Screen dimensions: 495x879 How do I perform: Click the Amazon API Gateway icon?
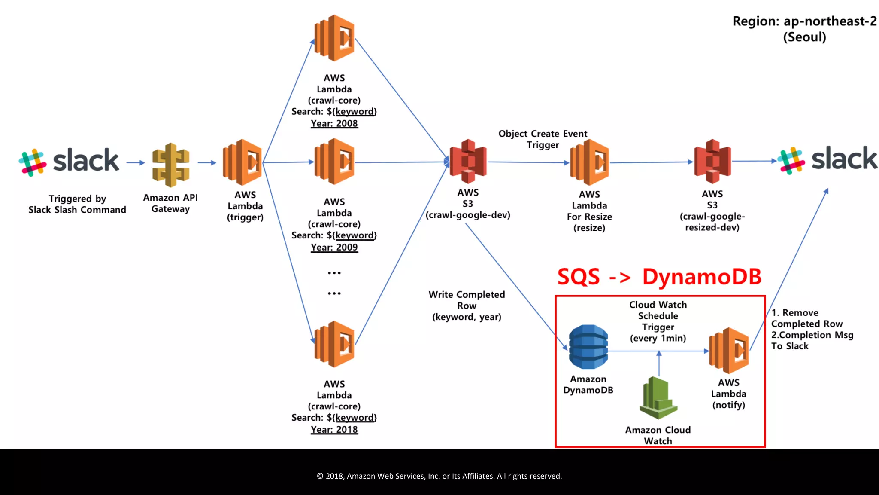(170, 165)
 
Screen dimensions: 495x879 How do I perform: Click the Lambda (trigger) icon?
(242, 162)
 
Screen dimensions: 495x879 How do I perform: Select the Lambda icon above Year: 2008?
(334, 38)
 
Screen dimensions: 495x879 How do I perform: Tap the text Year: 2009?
(334, 247)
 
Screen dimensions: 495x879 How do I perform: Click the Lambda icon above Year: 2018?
(334, 344)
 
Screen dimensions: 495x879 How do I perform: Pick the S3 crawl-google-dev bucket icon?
(468, 161)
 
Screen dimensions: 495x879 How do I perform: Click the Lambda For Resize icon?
(589, 162)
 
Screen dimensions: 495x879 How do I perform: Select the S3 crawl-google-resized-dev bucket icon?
(712, 161)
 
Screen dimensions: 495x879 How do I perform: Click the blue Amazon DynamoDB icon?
(588, 347)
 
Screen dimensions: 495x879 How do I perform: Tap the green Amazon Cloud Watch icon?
(658, 398)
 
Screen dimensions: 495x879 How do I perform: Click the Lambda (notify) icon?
(729, 350)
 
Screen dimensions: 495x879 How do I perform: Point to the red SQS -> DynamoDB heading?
(659, 277)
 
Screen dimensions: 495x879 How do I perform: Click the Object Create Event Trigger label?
(543, 139)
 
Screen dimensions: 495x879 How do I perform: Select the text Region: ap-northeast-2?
(804, 21)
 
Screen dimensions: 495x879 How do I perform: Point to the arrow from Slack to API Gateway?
(136, 163)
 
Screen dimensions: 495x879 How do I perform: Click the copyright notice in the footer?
(439, 476)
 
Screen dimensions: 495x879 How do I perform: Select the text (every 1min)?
(658, 338)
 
